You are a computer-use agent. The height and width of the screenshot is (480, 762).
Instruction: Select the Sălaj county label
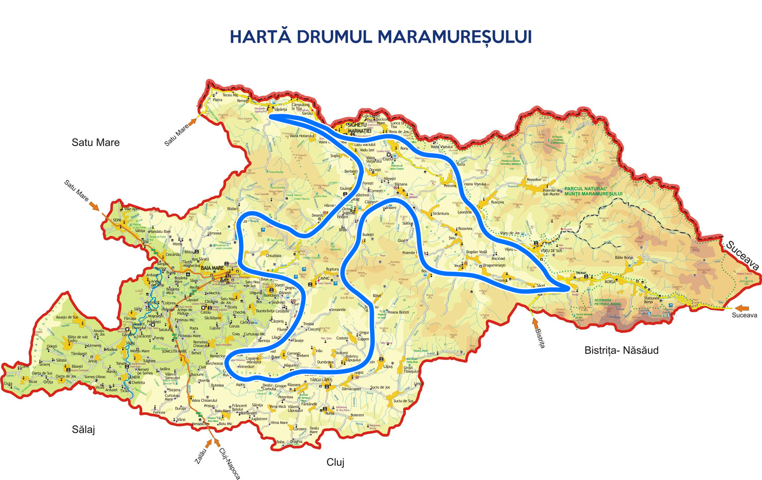click(x=83, y=430)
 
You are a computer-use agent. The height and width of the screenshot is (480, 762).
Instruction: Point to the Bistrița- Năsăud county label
click(x=621, y=350)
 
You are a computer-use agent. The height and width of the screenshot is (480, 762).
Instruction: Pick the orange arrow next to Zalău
click(x=208, y=444)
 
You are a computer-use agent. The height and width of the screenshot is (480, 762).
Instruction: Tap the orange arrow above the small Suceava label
click(x=742, y=308)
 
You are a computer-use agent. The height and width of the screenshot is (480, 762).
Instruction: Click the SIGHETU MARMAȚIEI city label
click(x=359, y=128)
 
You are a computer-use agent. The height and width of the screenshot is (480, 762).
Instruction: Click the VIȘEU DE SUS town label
click(x=551, y=251)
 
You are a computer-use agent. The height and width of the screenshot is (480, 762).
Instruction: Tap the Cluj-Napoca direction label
click(x=230, y=463)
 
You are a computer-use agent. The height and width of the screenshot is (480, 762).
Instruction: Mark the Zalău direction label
click(x=201, y=456)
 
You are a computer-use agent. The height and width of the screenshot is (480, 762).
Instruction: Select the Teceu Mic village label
click(x=230, y=95)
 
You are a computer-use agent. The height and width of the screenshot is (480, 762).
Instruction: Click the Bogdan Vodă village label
click(x=477, y=252)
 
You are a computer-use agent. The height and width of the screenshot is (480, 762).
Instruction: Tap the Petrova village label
click(x=450, y=186)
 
